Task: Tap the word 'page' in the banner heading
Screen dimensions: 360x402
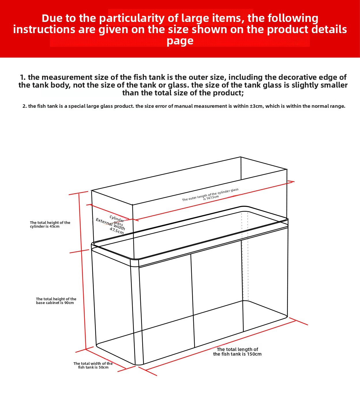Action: click(x=180, y=41)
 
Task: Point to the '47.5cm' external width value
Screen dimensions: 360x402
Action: click(x=117, y=231)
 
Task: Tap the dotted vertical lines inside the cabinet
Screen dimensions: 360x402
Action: click(x=245, y=256)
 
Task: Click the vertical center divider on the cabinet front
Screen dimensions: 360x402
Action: click(x=192, y=300)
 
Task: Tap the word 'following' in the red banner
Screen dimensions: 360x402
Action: click(x=293, y=18)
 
